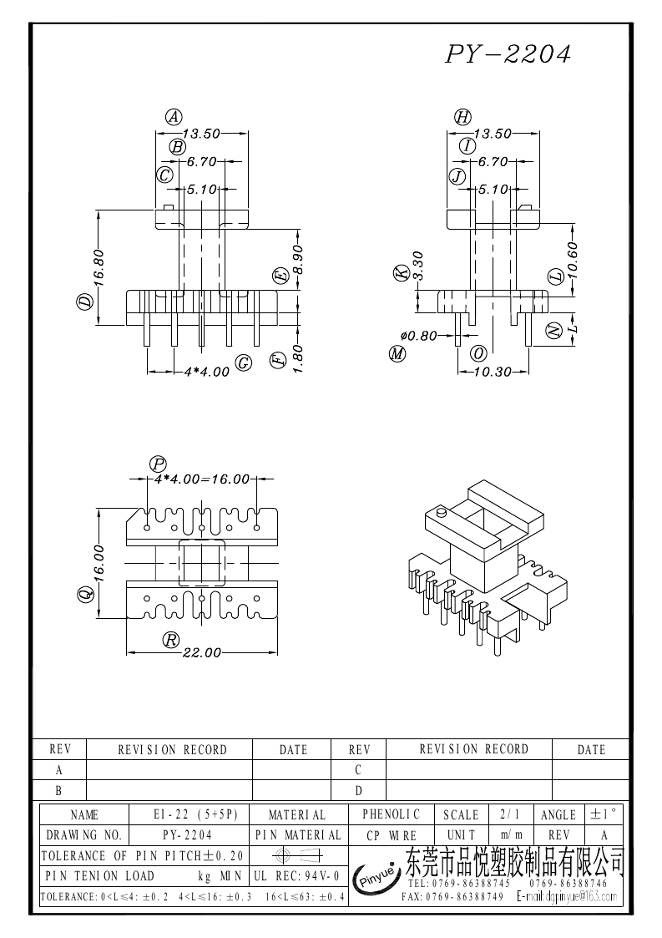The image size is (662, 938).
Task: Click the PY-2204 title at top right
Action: (508, 55)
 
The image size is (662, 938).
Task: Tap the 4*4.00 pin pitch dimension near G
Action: (205, 372)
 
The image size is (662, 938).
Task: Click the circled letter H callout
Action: (462, 117)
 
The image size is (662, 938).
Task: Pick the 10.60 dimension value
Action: (573, 262)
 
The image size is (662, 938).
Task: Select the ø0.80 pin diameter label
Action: (419, 335)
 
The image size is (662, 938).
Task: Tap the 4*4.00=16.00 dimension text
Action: (201, 479)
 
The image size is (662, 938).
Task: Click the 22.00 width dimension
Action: (201, 652)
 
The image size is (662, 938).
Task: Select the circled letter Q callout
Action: (84, 594)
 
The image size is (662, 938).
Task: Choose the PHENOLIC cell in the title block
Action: (391, 814)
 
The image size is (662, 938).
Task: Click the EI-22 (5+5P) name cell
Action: (190, 814)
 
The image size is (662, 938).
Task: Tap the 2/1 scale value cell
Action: (508, 814)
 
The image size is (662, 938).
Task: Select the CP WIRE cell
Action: (391, 834)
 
